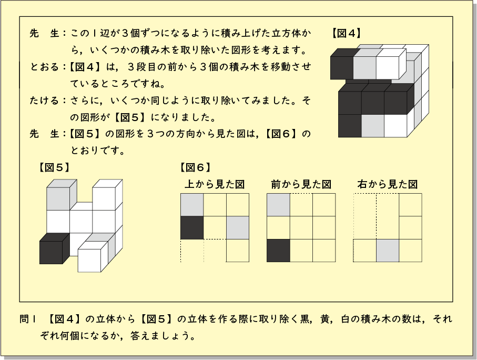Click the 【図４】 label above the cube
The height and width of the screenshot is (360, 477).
click(346, 33)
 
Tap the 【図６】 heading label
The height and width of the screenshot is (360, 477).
click(195, 167)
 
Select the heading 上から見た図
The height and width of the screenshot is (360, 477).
click(215, 184)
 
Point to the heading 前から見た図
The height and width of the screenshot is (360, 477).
click(301, 184)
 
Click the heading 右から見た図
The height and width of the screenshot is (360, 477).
click(388, 184)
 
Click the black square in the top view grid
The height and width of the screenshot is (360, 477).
click(192, 228)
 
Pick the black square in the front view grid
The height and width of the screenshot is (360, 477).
click(278, 251)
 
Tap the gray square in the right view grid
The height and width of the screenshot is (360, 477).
click(388, 251)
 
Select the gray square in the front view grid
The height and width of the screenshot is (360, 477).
click(278, 205)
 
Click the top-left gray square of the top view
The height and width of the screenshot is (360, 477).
click(192, 205)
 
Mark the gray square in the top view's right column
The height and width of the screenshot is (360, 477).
click(238, 228)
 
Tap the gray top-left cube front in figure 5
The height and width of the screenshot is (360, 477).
click(58, 198)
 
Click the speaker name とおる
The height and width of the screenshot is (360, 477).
click(44, 67)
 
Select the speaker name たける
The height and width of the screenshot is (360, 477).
click(44, 100)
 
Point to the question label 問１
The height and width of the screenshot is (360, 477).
click(28, 319)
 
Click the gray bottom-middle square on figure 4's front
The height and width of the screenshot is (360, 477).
click(373, 126)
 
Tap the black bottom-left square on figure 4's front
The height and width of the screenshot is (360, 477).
click(350, 126)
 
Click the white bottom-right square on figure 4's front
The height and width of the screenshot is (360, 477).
click(395, 126)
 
